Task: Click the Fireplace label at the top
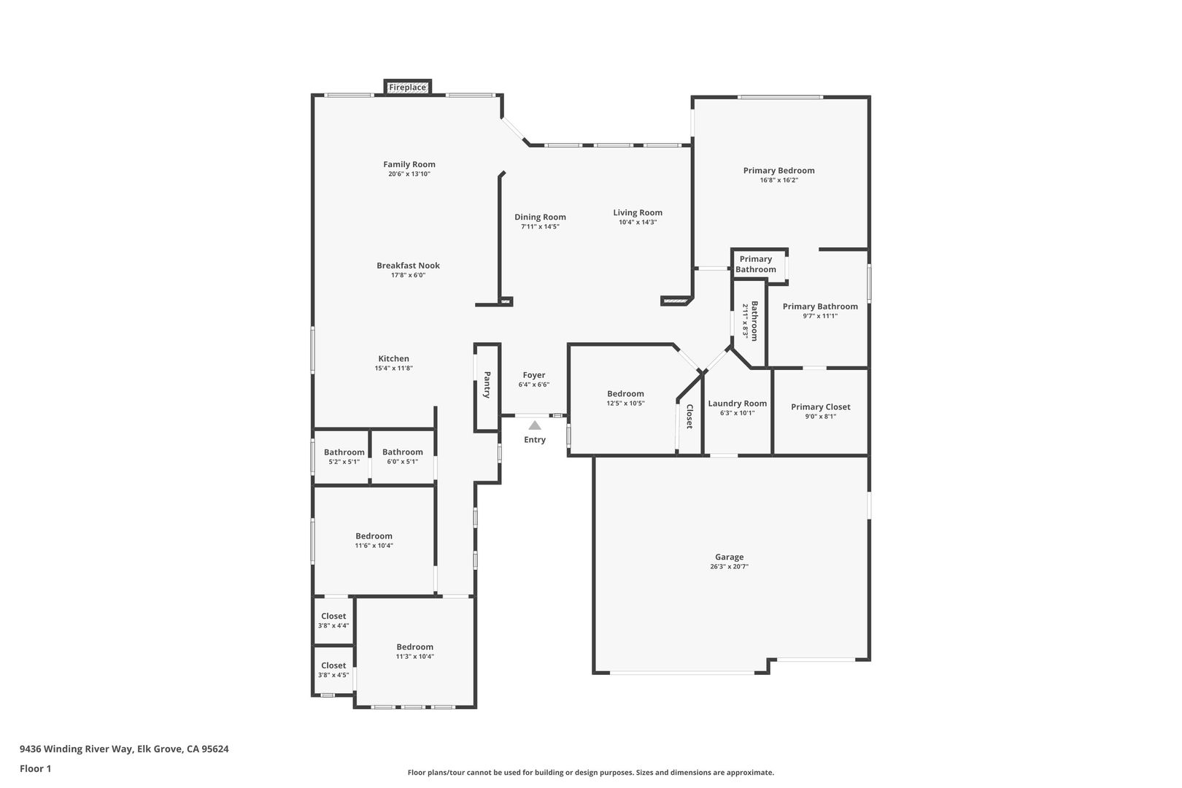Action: click(x=407, y=87)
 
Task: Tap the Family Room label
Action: click(x=409, y=164)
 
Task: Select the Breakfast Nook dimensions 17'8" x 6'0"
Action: click(x=408, y=275)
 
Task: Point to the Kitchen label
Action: click(x=394, y=358)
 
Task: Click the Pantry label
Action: click(x=487, y=385)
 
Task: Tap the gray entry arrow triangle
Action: click(x=535, y=425)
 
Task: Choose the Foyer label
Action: click(x=534, y=375)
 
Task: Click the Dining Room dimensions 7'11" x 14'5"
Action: click(x=540, y=226)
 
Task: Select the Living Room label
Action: click(x=638, y=213)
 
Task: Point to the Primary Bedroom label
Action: click(x=779, y=171)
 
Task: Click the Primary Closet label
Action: click(x=821, y=407)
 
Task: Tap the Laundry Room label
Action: click(x=737, y=403)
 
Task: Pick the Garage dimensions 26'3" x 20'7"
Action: click(x=729, y=567)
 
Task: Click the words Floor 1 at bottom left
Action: click(x=35, y=768)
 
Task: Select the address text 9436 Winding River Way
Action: click(x=76, y=749)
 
